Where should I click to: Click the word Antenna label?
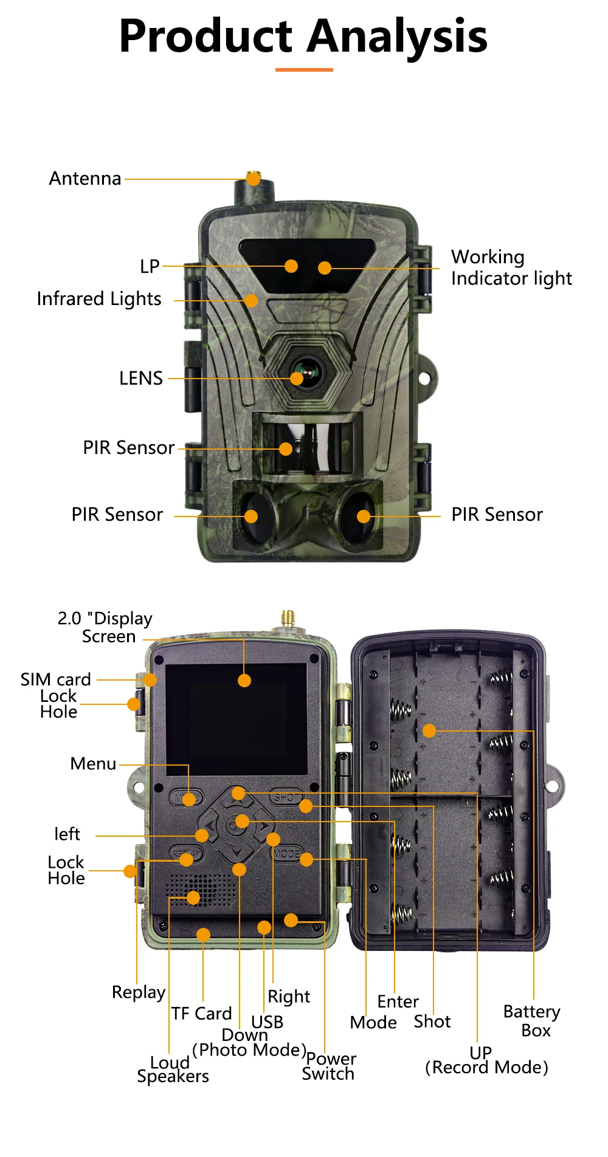(x=85, y=179)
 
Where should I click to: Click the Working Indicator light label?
(x=511, y=267)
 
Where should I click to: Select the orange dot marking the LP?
(x=291, y=266)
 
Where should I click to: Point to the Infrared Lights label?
(x=98, y=299)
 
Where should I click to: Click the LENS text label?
(x=140, y=379)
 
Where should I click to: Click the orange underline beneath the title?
(x=304, y=70)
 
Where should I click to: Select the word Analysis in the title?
(x=397, y=36)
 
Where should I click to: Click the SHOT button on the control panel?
(x=286, y=797)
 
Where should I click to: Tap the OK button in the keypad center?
(x=237, y=825)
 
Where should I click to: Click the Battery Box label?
(x=532, y=1021)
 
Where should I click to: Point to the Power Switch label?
(x=329, y=1066)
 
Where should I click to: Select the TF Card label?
(x=201, y=1014)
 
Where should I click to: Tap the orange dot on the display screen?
(x=244, y=681)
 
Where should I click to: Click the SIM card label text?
(x=55, y=679)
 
